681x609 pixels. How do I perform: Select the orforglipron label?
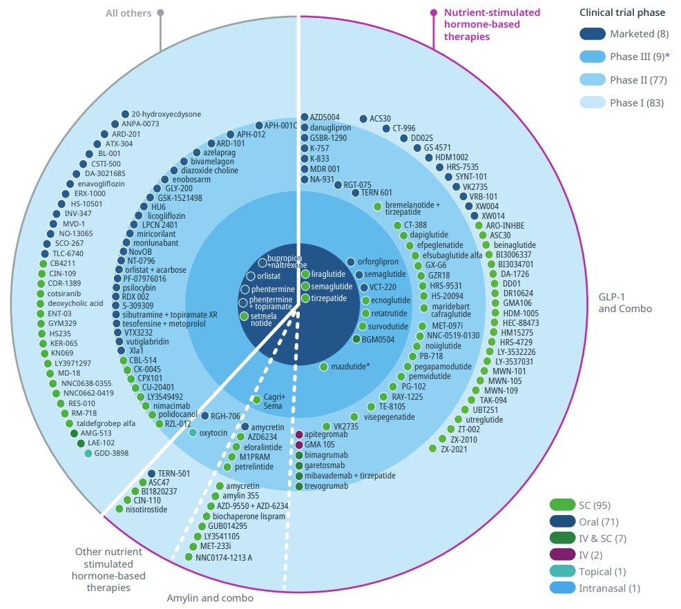378,262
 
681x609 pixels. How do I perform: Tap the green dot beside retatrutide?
366,313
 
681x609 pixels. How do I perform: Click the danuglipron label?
330,128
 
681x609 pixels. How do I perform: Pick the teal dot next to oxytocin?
193,433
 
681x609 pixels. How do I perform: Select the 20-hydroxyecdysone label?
162,114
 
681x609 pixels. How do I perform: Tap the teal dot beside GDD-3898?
88,453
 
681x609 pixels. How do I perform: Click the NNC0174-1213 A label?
224,557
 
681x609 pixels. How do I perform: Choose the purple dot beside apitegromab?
299,434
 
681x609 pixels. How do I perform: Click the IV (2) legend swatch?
563,554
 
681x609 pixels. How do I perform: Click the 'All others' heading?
128,12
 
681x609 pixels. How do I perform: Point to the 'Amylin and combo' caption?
210,598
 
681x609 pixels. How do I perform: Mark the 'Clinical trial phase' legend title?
622,12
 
